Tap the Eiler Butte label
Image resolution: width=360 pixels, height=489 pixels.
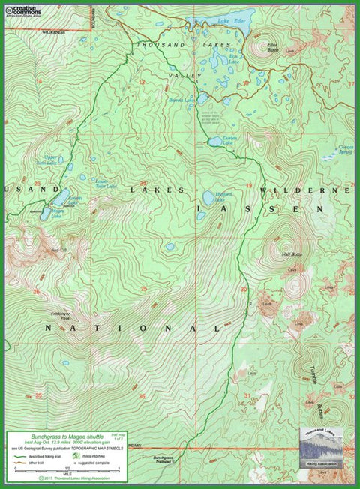[271, 47]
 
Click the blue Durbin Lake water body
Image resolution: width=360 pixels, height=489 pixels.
[215, 141]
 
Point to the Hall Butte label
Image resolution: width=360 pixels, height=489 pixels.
[291, 255]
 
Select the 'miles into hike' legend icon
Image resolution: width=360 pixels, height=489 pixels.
[76, 455]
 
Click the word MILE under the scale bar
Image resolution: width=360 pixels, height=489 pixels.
[67, 474]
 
